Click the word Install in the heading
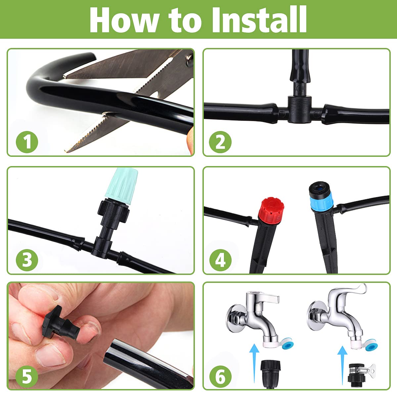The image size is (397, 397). point(259,20)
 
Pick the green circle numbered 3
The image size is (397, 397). point(27,260)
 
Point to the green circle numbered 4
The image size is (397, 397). point(220,260)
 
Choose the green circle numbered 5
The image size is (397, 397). point(27,377)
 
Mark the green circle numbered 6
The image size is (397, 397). point(220,377)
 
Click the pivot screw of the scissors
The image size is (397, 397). point(190,61)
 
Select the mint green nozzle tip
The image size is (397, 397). point(121,186)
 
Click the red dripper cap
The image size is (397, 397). point(271,212)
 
